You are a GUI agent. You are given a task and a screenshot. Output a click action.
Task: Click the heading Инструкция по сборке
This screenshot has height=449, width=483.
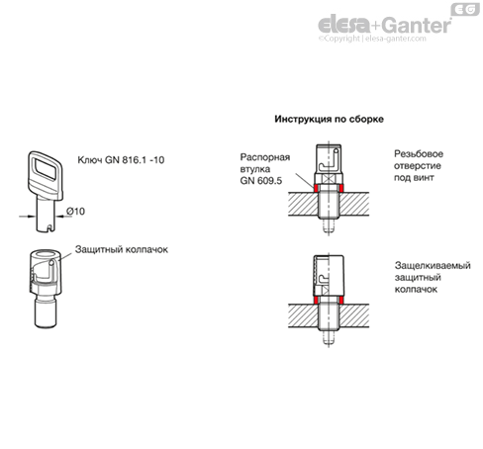[x=329, y=119]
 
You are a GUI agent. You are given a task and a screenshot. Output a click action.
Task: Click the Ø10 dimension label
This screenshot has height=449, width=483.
[x=75, y=211]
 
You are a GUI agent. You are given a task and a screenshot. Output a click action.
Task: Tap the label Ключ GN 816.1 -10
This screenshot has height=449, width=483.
[x=121, y=160]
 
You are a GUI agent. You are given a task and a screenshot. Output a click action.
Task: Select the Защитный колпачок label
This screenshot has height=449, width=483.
[x=122, y=249]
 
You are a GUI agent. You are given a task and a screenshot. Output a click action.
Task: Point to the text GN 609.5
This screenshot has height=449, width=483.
[x=261, y=181]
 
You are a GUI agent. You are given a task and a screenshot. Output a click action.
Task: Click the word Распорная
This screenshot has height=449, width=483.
[x=265, y=157]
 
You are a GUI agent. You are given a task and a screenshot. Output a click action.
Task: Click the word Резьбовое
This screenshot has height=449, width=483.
[x=419, y=154]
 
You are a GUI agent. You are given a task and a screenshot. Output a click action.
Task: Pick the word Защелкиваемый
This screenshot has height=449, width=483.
[x=433, y=265]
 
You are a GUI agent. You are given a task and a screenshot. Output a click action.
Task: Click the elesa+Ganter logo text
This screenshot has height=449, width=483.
[x=384, y=25]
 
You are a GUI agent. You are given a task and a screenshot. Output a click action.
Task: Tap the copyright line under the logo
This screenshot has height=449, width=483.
[x=372, y=39]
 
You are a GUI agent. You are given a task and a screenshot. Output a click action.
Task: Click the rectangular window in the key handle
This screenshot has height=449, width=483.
[x=47, y=169]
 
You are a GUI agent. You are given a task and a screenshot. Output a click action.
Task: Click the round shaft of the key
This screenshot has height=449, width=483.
[x=46, y=215]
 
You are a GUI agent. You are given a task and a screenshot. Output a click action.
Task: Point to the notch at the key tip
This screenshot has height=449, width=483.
[x=49, y=227]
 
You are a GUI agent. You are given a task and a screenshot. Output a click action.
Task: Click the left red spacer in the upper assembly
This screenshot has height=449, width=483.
[x=316, y=189]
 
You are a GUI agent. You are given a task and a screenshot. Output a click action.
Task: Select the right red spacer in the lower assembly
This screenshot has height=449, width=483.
[x=340, y=300]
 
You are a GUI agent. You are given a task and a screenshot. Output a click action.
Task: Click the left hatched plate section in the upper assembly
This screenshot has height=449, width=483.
[x=303, y=204]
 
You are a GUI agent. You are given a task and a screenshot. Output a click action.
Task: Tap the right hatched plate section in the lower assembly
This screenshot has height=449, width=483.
[x=354, y=315]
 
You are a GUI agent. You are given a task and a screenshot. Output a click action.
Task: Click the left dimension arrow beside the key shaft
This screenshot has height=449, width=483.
[x=28, y=217]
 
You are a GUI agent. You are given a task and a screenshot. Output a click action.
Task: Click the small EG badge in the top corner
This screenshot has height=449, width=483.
[x=465, y=9]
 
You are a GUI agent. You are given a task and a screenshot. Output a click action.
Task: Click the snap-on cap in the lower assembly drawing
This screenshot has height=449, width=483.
[x=329, y=276]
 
